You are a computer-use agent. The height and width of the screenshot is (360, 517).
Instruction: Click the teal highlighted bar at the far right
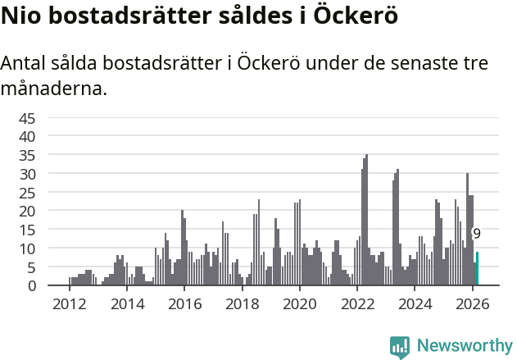point(477,269)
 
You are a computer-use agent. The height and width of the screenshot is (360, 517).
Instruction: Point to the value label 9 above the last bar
point(477,234)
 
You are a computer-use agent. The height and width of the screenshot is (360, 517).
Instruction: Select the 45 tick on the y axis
point(27,117)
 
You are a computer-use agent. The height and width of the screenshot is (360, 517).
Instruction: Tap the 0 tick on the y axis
point(31,285)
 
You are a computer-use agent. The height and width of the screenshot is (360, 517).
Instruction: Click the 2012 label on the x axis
point(69,304)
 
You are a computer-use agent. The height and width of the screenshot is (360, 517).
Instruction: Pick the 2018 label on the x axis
point(242,304)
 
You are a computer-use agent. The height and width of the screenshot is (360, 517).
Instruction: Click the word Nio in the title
point(21,16)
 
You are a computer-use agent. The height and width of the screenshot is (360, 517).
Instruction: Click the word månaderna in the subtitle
point(54,88)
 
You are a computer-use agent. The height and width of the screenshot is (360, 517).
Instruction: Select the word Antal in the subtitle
point(25,63)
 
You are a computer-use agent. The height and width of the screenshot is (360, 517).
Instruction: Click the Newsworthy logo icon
point(400,346)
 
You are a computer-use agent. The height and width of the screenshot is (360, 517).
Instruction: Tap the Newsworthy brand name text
point(465,346)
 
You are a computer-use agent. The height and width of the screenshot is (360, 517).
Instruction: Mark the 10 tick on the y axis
point(27,248)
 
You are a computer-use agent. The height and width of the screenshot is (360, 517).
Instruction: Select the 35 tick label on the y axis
point(27,154)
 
